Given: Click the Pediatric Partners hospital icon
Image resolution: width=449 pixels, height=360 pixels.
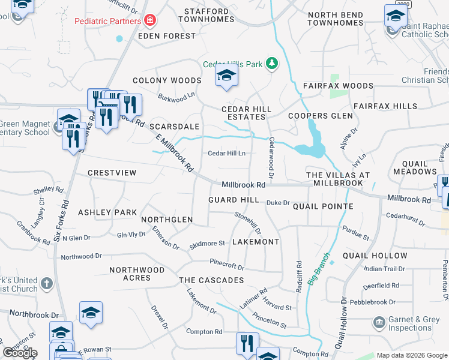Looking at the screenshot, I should (x=150, y=21).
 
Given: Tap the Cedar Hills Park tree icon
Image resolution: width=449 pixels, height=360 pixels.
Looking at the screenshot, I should (x=272, y=63).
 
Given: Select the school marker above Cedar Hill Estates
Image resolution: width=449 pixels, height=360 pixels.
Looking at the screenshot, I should (x=226, y=76).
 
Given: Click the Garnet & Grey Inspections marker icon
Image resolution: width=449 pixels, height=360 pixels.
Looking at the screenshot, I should (x=379, y=323).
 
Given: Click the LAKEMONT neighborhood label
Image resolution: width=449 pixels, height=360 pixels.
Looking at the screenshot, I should (x=255, y=242).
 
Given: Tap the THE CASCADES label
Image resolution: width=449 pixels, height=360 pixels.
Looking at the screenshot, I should (x=211, y=280).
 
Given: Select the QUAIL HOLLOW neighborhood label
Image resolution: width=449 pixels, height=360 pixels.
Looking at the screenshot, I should (x=375, y=256).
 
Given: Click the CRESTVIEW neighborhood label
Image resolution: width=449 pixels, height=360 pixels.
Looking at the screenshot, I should (x=112, y=173).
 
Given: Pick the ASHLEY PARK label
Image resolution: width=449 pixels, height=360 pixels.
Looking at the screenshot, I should (x=107, y=212).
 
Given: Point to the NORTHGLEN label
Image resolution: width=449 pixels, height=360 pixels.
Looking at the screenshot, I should (x=167, y=220).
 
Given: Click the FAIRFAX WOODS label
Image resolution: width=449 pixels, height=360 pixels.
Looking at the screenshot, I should (x=338, y=86).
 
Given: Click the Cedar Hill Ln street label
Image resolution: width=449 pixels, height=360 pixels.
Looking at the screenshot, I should (x=227, y=153).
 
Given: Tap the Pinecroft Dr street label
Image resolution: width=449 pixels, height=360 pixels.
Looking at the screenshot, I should (x=227, y=264).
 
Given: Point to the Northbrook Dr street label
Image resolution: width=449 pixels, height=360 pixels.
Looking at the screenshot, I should (x=34, y=314).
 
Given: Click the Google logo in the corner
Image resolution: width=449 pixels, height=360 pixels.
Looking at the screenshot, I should (x=20, y=353).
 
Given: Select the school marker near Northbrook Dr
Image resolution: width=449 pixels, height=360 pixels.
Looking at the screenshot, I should (x=91, y=313).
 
